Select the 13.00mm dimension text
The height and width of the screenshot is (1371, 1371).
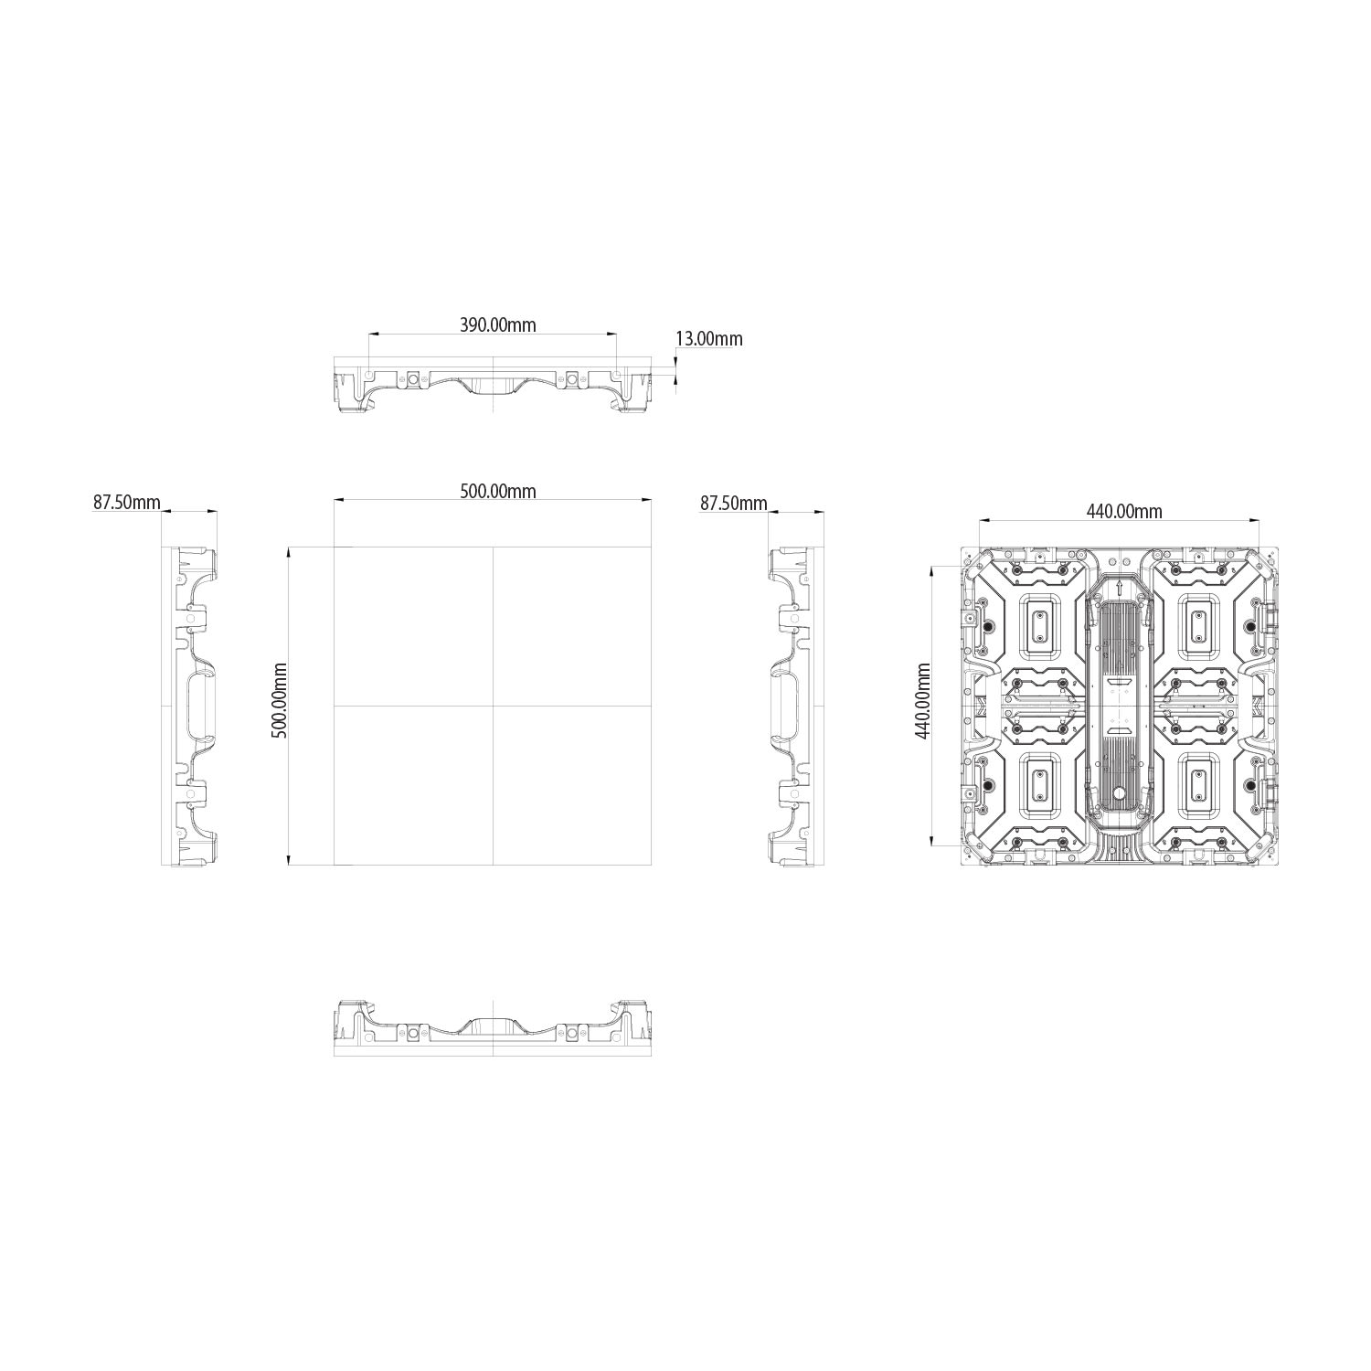[x=708, y=339]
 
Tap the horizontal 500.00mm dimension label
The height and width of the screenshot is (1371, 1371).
[x=497, y=491]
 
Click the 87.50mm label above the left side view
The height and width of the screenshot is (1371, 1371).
[x=126, y=503]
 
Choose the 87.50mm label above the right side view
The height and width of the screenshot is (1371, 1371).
[x=733, y=503]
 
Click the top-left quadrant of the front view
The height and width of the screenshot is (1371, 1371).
[x=413, y=626]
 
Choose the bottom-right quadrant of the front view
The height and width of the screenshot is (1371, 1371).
[x=572, y=785]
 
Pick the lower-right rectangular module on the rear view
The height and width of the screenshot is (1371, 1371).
[x=1198, y=785]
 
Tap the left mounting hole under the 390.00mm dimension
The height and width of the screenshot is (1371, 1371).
[x=368, y=374]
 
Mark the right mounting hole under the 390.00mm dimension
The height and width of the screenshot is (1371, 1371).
[x=618, y=374]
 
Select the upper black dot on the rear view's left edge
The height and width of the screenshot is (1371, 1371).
[x=988, y=627]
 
